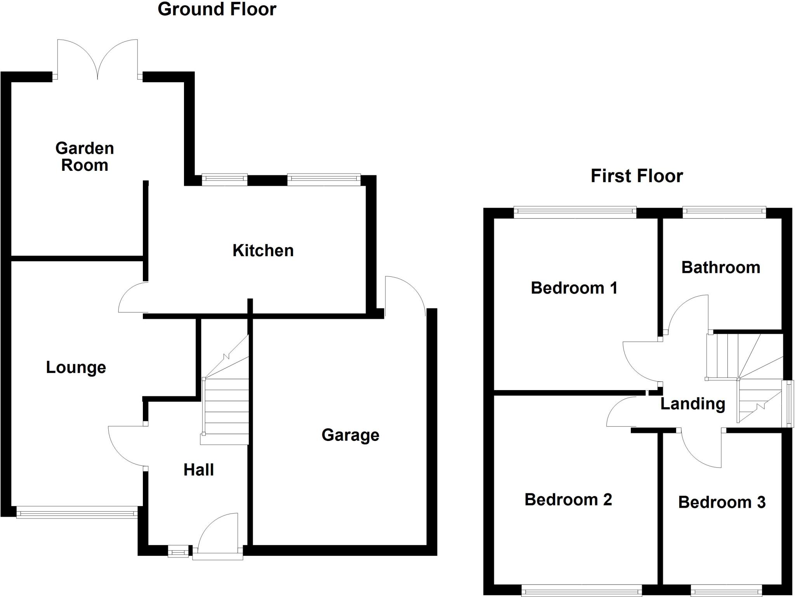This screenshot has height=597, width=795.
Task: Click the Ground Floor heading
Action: [217, 9]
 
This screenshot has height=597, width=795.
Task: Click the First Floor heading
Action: [637, 176]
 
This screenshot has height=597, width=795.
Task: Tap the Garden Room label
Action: [84, 157]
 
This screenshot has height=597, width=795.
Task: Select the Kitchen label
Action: [263, 250]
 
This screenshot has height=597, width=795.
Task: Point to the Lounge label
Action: [76, 367]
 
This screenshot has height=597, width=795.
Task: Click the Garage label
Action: [350, 435]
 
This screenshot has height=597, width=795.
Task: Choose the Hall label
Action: [198, 470]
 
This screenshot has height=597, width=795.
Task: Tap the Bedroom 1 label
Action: [574, 288]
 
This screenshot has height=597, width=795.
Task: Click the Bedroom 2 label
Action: [568, 499]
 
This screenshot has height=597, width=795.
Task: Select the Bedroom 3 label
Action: [722, 502]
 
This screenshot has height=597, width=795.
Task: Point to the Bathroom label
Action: [720, 267]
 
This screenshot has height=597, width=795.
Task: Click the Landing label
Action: [693, 404]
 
